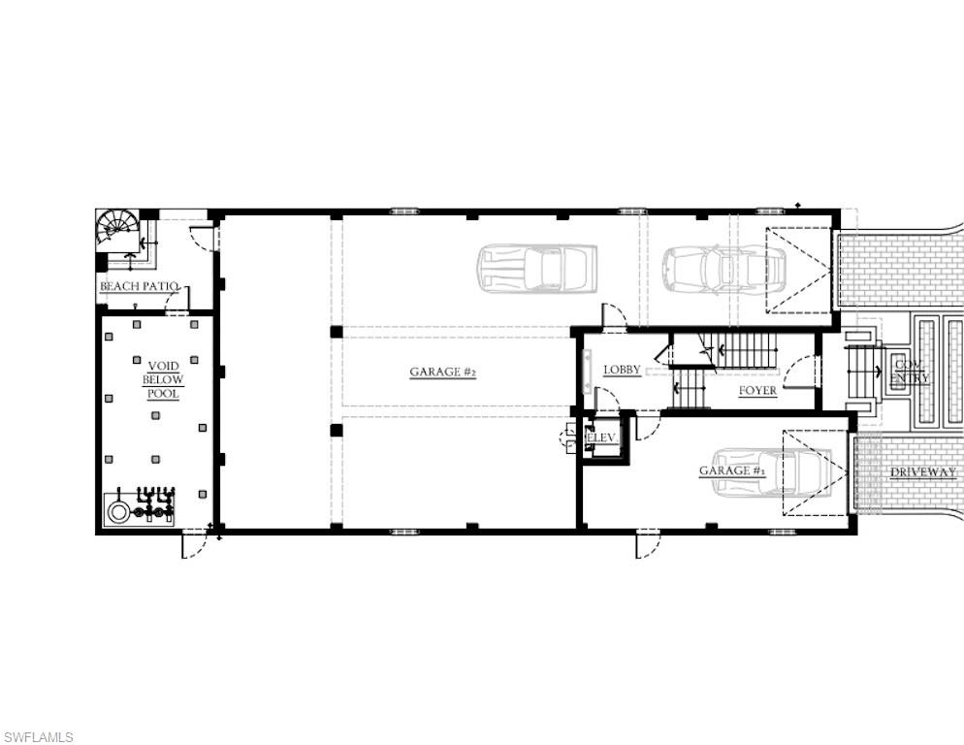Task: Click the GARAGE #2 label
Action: (x=442, y=372)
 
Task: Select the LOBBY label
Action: (x=622, y=370)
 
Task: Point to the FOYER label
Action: (x=757, y=391)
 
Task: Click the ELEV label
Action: (x=601, y=438)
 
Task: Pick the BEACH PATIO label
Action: (x=140, y=286)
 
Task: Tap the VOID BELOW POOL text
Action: (x=163, y=380)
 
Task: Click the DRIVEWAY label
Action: (x=923, y=472)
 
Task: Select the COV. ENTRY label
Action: (x=911, y=372)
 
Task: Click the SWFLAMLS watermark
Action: (x=38, y=737)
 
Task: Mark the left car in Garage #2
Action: (x=536, y=268)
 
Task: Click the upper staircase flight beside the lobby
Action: (x=743, y=350)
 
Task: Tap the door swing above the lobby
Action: (x=613, y=316)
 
